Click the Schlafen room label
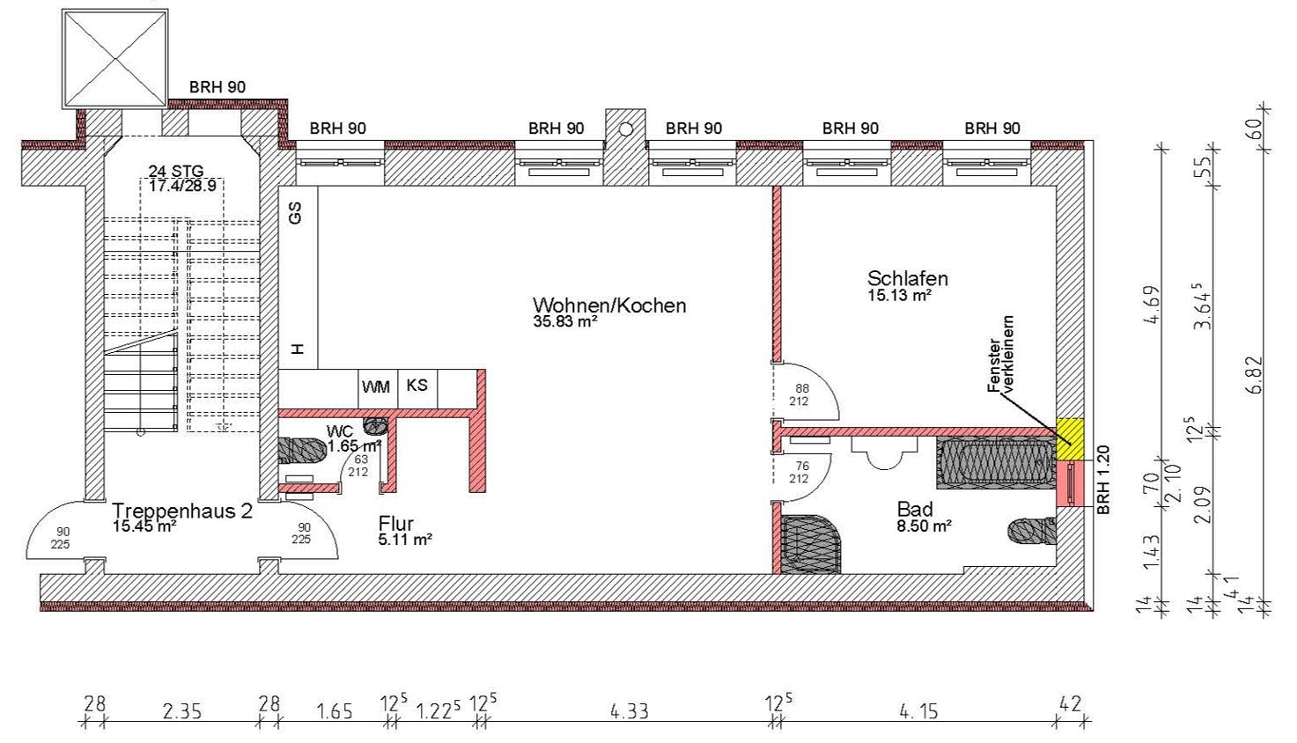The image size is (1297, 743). coord(907,278)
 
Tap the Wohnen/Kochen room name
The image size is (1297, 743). coord(609,305)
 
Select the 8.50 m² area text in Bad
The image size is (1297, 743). coord(925,526)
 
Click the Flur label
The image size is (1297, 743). coord(396,524)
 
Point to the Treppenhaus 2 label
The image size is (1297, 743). coord(181,511)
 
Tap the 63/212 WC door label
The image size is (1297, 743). coord(358,466)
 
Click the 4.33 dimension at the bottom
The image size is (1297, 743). coord(630,710)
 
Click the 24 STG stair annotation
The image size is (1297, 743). coord(176,172)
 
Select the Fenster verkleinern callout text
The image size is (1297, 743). coord(1000,355)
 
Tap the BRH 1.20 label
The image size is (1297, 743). coord(1103,480)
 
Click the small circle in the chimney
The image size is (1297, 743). coord(625,129)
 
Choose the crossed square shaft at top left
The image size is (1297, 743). coord(115,58)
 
